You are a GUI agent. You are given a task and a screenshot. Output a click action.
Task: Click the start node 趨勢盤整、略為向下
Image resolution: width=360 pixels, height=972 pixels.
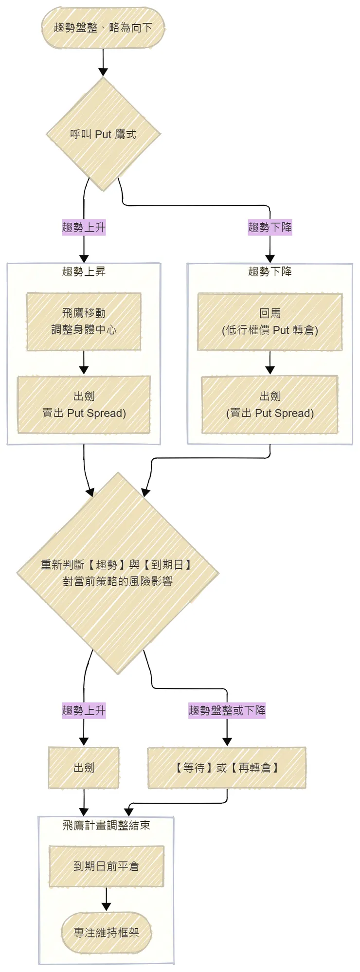(103, 28)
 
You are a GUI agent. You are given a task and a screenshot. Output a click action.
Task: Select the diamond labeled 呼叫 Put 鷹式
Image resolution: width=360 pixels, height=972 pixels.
(103, 134)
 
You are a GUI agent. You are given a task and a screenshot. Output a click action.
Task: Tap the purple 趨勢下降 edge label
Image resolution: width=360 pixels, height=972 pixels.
(270, 227)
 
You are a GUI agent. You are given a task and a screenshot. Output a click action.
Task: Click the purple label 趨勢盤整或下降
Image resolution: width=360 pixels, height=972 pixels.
(227, 710)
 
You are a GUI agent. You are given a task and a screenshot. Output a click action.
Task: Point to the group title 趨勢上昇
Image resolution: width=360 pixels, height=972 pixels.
(84, 271)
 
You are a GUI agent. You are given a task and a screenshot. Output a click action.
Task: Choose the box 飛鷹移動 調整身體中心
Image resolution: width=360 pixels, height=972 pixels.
(84, 322)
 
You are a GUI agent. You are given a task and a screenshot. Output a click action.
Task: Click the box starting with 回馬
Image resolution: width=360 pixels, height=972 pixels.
(270, 322)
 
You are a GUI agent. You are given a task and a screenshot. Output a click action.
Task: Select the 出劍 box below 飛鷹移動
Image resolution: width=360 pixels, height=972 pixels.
(84, 405)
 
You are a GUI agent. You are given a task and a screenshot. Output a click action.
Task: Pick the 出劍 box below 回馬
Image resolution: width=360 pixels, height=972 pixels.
(270, 405)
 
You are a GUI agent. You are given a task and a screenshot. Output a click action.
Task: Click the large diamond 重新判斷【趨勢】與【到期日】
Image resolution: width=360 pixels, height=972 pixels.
(118, 573)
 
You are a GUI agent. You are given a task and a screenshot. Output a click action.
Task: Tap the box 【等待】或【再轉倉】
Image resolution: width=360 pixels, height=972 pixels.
(227, 768)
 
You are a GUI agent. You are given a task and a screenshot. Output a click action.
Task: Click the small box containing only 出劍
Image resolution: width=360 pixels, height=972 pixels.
(84, 768)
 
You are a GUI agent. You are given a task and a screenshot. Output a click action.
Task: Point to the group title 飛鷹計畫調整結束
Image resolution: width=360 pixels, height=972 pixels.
(106, 825)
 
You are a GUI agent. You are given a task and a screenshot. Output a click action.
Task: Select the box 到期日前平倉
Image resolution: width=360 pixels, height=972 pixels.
(106, 866)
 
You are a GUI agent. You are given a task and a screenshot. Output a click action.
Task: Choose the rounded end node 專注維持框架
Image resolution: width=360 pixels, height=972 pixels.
(106, 933)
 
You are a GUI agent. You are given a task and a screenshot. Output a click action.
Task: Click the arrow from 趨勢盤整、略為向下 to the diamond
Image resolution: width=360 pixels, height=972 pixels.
(103, 63)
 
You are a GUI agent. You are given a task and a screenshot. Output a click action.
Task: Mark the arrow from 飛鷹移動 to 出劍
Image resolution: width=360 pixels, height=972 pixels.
(84, 362)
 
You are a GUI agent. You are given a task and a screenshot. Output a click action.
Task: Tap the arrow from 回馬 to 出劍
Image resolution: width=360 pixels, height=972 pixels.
(270, 362)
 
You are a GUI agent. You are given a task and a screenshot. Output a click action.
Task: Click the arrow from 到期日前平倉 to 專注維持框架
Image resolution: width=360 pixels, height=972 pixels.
(106, 899)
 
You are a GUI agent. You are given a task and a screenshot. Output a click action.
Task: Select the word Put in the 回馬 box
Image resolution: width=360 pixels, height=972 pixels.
(281, 330)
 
